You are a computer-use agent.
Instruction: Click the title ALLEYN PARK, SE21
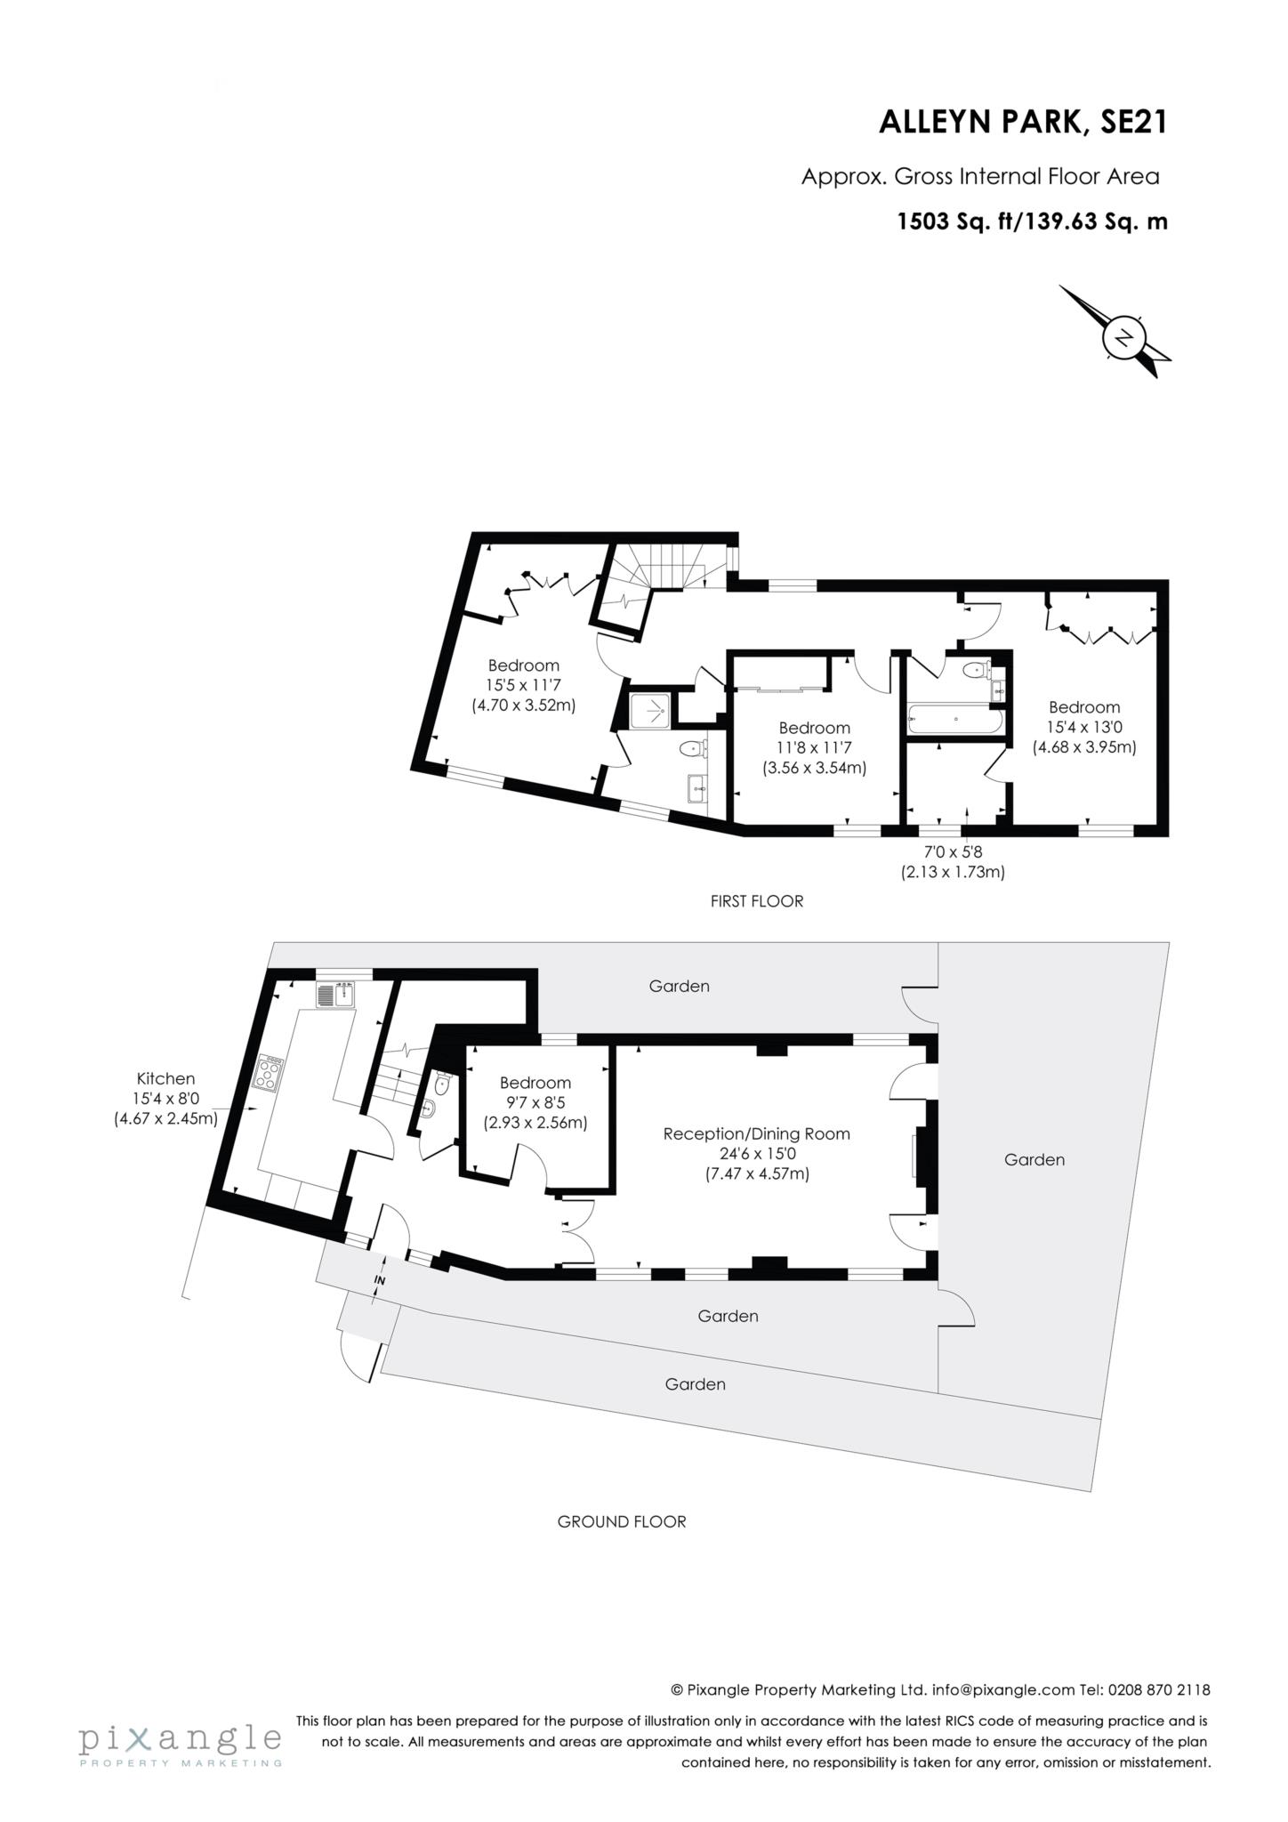click(1022, 122)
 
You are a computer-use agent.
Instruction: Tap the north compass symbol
click(1123, 338)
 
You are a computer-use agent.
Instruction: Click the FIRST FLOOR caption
click(756, 901)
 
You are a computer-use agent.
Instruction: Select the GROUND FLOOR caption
click(622, 1521)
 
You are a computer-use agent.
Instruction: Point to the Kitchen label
click(165, 1079)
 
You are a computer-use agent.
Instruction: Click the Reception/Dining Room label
click(756, 1133)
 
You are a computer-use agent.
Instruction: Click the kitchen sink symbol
click(335, 994)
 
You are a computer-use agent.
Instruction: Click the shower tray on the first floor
click(653, 710)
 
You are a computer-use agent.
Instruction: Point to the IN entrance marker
click(380, 1280)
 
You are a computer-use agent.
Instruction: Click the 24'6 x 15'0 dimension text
click(756, 1154)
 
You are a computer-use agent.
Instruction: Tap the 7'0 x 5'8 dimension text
click(952, 852)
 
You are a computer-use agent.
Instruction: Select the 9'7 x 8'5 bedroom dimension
click(535, 1102)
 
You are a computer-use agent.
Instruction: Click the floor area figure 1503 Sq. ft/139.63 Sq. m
click(1032, 222)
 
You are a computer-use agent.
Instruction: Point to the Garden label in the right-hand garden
click(1034, 1159)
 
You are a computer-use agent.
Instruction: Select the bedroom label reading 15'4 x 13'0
click(1083, 727)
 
